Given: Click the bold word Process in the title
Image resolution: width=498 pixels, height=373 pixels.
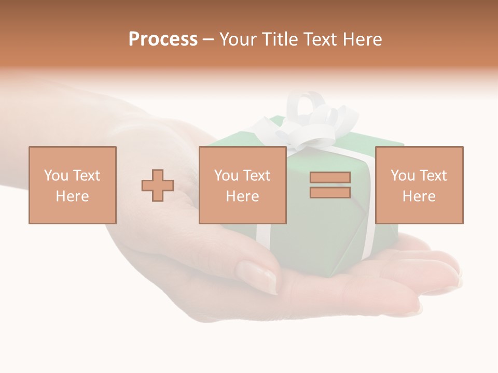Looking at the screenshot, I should (x=163, y=39).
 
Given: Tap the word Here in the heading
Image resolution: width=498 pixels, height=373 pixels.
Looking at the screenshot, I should (x=361, y=39).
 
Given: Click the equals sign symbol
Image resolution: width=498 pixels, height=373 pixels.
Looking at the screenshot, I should (x=330, y=185).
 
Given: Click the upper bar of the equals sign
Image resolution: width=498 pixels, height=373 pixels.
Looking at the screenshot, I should (x=330, y=178).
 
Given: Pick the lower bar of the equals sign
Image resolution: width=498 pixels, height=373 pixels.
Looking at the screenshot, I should (x=330, y=192).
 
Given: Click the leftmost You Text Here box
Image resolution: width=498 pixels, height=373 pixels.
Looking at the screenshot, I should (x=73, y=185).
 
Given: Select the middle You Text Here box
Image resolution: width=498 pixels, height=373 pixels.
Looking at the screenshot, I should (x=243, y=185).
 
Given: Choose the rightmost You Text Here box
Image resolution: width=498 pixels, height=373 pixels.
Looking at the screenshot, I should (x=419, y=185).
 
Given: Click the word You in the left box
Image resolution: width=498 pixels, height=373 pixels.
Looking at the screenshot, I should (x=56, y=176).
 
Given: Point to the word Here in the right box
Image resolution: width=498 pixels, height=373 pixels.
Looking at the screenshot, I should (x=419, y=196).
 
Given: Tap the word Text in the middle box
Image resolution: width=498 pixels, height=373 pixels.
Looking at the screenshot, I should (x=256, y=176).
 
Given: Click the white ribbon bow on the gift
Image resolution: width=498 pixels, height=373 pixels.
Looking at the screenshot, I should (x=306, y=122).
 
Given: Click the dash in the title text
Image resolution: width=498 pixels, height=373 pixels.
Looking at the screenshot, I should (x=209, y=40).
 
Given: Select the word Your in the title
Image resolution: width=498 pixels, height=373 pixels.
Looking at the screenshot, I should (x=239, y=39).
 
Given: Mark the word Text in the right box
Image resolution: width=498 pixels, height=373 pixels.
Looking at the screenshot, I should (x=433, y=176).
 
